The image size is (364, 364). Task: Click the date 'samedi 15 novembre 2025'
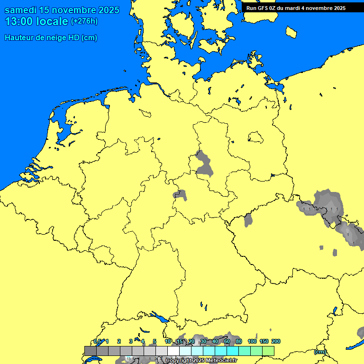[62, 10]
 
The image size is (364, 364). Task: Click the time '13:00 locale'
[36, 21]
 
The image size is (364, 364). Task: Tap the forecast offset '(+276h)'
[84, 21]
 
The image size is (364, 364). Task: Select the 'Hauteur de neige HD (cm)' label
[51, 38]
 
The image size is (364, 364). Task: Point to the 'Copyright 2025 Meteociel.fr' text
[201, 360]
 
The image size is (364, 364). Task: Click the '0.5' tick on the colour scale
[97, 341]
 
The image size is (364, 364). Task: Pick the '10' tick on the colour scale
[168, 341]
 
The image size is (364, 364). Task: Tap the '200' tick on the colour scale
[275, 341]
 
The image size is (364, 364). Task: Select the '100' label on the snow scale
[252, 341]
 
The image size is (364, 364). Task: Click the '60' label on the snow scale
[227, 341]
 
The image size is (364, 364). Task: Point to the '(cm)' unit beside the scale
[320, 352]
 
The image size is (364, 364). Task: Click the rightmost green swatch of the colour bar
[268, 351]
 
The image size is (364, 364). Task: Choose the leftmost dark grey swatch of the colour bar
[90, 351]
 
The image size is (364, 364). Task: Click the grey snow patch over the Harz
[204, 164]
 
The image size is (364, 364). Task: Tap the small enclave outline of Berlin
[255, 137]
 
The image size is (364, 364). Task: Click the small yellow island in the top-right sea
[291, 32]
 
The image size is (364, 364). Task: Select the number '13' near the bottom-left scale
[128, 359]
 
